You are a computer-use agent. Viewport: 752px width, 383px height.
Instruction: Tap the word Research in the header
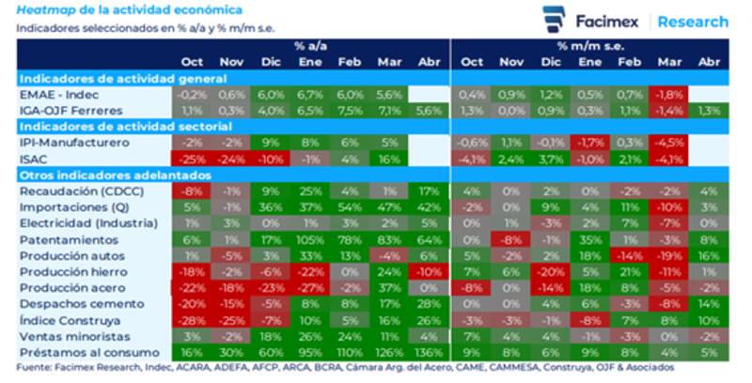click(693, 21)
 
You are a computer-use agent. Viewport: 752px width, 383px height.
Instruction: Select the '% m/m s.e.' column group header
click(589, 45)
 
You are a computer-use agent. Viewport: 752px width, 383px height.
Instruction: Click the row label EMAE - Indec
click(57, 95)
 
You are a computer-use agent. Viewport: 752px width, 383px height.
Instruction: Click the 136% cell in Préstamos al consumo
click(428, 352)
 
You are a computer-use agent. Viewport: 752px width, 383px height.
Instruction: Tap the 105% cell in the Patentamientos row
click(310, 240)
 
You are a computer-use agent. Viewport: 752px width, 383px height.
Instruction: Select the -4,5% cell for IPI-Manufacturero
click(669, 143)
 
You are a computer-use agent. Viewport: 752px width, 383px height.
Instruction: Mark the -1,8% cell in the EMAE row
click(669, 95)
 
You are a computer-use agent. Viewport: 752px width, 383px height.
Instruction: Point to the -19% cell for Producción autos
click(669, 255)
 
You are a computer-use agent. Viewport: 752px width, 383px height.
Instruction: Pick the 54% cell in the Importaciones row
click(350, 207)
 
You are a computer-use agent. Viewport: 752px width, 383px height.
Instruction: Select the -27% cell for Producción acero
click(310, 288)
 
